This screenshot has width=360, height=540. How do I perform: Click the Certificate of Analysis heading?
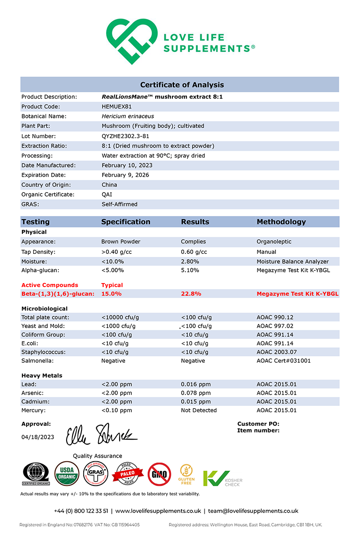pyautogui.click(x=182, y=85)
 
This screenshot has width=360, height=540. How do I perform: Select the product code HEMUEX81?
pyautogui.click(x=118, y=107)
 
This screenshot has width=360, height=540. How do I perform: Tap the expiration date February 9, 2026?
pyautogui.click(x=125, y=175)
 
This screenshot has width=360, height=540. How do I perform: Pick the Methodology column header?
pyautogui.click(x=281, y=222)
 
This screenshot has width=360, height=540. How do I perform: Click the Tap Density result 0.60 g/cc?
pyautogui.click(x=194, y=252)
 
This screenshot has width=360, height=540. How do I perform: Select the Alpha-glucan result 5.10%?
pyautogui.click(x=190, y=270)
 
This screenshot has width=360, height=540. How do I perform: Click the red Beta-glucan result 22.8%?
pyautogui.click(x=191, y=294)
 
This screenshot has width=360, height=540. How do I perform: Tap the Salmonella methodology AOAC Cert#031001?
pyautogui.click(x=283, y=361)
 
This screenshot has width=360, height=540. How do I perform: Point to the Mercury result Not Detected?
pyautogui.click(x=198, y=410)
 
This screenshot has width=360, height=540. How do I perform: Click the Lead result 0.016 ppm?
pyautogui.click(x=195, y=384)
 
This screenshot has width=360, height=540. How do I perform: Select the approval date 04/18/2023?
pyautogui.click(x=38, y=437)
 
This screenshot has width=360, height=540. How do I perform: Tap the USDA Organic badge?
pyautogui.click(x=67, y=474)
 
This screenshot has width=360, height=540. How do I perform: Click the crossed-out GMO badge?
pyautogui.click(x=159, y=474)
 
